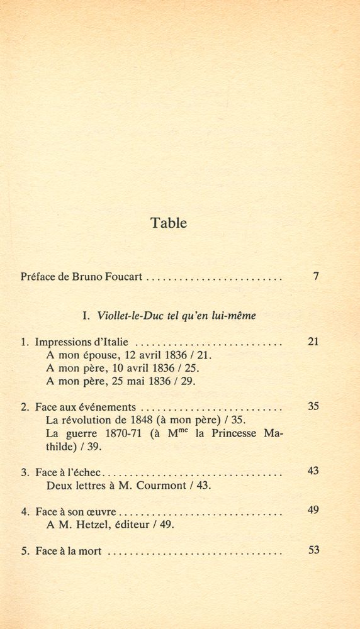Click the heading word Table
click(x=169, y=223)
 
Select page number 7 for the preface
click(x=316, y=276)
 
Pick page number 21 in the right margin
click(x=313, y=342)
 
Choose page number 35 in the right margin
click(x=313, y=406)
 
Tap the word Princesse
click(x=234, y=434)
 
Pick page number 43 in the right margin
click(x=313, y=470)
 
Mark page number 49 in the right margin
click(x=313, y=510)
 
